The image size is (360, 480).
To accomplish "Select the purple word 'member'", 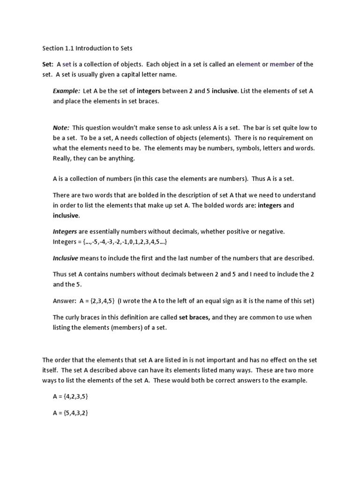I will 282,64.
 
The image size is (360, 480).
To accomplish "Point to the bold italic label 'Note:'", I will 61,127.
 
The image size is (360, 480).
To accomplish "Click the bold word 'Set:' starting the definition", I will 48,64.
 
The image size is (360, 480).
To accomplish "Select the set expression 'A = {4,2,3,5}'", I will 71,397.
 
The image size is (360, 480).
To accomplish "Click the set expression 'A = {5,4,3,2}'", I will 71,413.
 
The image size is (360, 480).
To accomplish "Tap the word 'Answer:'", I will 65,301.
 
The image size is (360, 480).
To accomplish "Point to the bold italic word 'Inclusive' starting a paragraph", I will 65,258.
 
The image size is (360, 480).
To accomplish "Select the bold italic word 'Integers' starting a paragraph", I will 65,232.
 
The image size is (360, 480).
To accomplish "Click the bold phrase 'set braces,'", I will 195,317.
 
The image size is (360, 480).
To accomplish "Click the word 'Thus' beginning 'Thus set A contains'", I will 60,275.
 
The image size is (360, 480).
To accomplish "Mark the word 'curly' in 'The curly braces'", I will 75,317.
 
